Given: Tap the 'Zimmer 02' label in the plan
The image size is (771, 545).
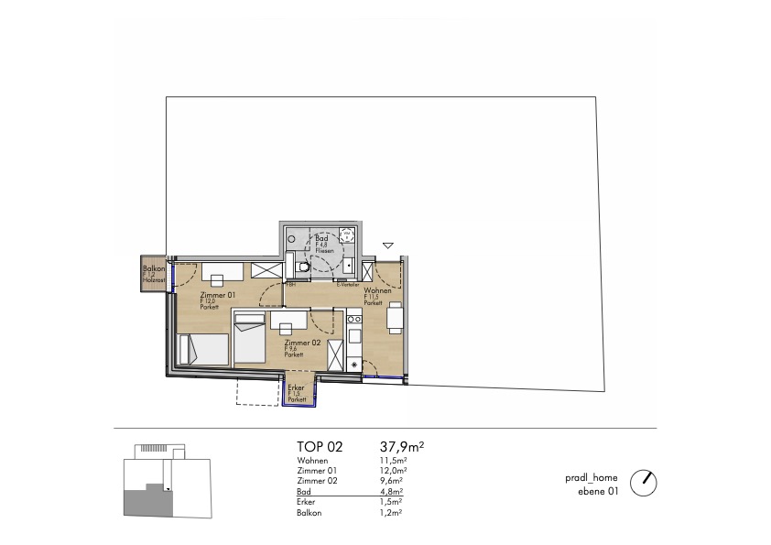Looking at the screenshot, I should coord(301,342).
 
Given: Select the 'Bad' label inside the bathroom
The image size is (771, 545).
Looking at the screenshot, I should coord(321,237).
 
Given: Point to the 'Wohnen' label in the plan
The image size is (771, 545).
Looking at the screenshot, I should coord(377,290).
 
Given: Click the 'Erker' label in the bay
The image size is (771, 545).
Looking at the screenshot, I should coord(296,387).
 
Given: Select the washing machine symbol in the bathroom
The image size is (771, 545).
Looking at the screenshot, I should coord(346,234).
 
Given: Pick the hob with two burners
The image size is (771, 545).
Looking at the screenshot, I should coord(354,322).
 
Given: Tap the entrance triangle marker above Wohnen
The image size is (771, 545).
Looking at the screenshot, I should coord(388,245).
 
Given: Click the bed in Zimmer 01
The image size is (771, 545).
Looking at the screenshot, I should coord(204,349).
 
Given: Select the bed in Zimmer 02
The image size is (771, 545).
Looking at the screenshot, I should coord(250,339).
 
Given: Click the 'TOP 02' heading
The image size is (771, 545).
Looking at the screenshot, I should coord(320,447).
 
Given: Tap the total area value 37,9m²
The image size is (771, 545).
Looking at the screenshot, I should coord(401,447).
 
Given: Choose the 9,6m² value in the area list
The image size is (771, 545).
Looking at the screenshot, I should coord(392,481).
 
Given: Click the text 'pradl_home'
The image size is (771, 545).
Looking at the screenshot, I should coord(592,478).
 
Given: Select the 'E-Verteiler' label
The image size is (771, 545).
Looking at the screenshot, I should coord(347,285).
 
